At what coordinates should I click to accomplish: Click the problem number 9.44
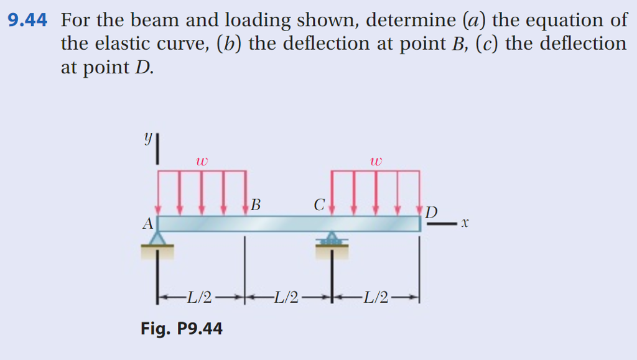pyautogui.click(x=27, y=21)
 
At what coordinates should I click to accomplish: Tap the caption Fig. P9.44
pyautogui.click(x=182, y=328)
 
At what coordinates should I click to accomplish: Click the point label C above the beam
pyautogui.click(x=319, y=204)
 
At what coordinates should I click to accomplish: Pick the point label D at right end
pyautogui.click(x=430, y=212)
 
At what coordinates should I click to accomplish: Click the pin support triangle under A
pyautogui.click(x=158, y=239)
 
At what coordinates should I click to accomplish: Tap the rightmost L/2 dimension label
pyautogui.click(x=375, y=298)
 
